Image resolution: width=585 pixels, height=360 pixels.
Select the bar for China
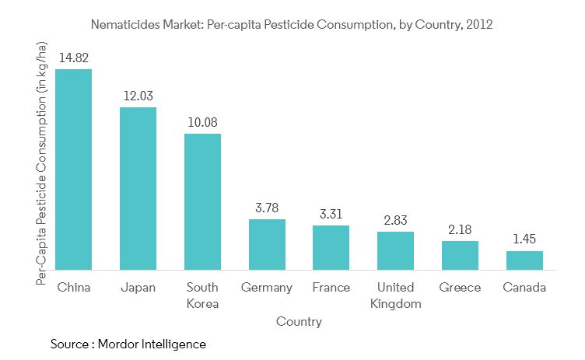[x=73, y=170]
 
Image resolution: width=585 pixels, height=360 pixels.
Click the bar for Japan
[x=138, y=188]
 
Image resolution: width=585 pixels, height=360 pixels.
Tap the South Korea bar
[x=202, y=201]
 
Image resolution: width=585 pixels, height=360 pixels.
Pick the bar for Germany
[x=267, y=244]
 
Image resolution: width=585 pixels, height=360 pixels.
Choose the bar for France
[x=331, y=247]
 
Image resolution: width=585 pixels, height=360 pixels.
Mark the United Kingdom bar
[x=395, y=250]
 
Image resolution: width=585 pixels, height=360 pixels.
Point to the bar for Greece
[x=460, y=255]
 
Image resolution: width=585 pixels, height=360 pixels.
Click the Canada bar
[x=524, y=260]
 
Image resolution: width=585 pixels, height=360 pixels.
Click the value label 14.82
[x=73, y=58]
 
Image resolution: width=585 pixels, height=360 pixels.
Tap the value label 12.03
[x=138, y=96]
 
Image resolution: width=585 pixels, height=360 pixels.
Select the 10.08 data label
[x=202, y=122]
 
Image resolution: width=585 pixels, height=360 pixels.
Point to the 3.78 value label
[x=267, y=208]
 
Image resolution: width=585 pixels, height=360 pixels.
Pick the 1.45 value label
[x=524, y=239]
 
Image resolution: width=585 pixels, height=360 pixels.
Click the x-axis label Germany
[x=267, y=288]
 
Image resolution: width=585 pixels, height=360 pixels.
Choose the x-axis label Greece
[x=460, y=288]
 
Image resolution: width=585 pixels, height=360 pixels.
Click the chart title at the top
[x=292, y=25]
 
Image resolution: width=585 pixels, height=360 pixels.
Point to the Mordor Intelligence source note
[x=128, y=344]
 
